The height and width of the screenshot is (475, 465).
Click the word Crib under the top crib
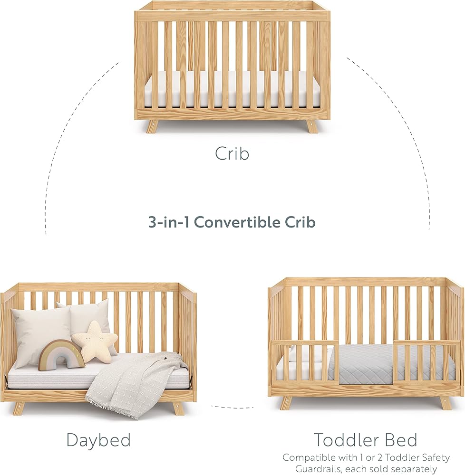[x=232, y=153]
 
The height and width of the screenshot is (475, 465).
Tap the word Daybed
[x=98, y=440]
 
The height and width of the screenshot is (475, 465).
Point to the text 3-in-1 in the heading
[x=169, y=222]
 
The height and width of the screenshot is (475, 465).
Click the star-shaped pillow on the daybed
[x=95, y=342]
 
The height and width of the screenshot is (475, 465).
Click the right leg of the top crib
[x=311, y=126]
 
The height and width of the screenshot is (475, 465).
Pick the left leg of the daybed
[x=19, y=408]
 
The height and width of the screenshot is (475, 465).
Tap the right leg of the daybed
[x=177, y=408]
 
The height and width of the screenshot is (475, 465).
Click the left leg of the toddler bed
[x=286, y=403]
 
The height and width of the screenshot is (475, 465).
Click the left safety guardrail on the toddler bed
[x=305, y=362]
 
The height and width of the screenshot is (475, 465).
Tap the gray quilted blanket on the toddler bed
[x=394, y=363]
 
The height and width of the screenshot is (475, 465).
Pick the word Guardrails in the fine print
[x=323, y=469]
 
